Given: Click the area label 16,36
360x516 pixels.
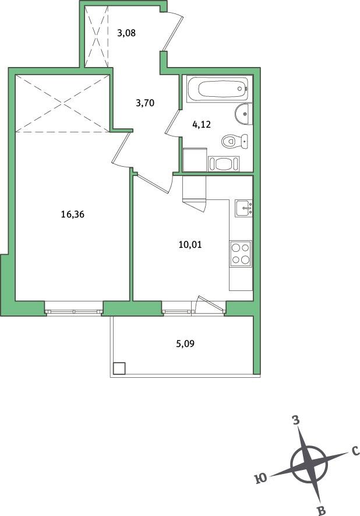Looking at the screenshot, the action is tap(73, 215).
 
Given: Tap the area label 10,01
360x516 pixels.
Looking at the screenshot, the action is tap(190, 244).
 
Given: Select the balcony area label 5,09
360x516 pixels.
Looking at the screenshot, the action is tap(185, 344).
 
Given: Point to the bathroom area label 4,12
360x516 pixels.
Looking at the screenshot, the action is tap(201, 124).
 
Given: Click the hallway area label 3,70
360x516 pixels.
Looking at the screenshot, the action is tap(145, 103).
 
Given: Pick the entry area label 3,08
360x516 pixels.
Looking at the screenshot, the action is tap(126, 33).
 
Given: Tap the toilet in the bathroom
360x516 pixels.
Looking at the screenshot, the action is tap(235, 142).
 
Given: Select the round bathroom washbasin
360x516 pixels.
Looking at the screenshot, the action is tap(243, 114).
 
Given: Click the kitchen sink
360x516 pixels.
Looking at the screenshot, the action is tap(243, 208).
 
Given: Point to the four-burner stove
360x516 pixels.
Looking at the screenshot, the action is tap(241, 254).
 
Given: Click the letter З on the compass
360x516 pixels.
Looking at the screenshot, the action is tap(297, 420).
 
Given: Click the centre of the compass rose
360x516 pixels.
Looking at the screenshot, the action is tap(309, 465).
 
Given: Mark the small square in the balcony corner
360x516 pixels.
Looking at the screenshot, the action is tap(119, 368).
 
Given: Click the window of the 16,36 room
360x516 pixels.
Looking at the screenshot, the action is tap(73, 311).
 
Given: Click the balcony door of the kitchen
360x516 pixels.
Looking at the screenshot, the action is tap(210, 304).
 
